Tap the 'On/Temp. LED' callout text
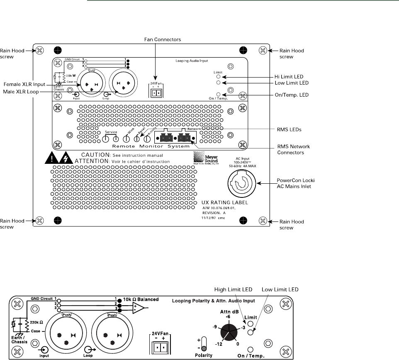tap(290, 95)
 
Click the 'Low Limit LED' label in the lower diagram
tap(280, 289)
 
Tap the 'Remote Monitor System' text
tap(151, 146)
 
